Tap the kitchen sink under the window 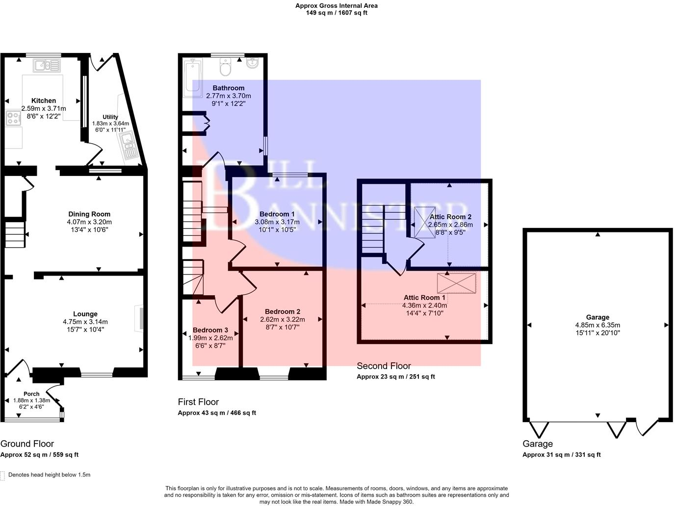click(x=47, y=65)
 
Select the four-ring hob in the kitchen click(x=13, y=118)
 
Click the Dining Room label click(x=89, y=214)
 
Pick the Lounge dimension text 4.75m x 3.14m click(x=85, y=322)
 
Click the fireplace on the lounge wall click(x=141, y=319)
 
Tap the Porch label click(x=31, y=394)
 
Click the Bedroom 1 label click(x=277, y=214)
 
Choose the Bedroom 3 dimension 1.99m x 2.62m click(x=210, y=337)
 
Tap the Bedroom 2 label click(x=282, y=311)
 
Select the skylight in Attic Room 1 click(x=457, y=283)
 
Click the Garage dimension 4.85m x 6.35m click(x=597, y=325)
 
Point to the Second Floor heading click(x=384, y=366)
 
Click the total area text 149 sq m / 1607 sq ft click(x=336, y=13)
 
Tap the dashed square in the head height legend click(x=3, y=475)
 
